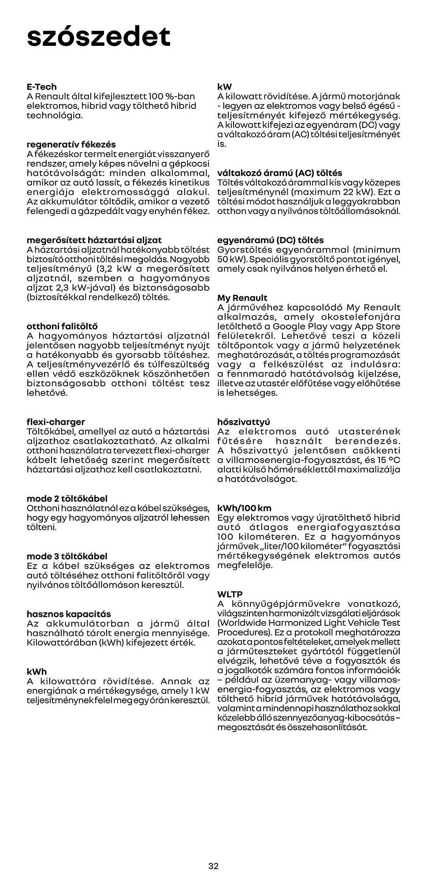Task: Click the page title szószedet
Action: coord(98,37)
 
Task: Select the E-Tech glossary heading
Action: coord(42,87)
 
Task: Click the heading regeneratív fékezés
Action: coord(71,145)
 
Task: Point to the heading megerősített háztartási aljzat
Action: coord(94,240)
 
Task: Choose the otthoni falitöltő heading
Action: coord(62,327)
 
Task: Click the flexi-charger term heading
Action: coord(56,422)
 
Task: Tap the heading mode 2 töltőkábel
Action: coord(67,499)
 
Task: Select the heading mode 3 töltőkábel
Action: coord(67,557)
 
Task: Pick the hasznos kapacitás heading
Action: coord(69,614)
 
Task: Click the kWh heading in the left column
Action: coord(37,672)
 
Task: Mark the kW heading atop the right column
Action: coord(224,87)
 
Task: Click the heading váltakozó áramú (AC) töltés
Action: coord(280,173)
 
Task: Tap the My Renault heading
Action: coord(242,298)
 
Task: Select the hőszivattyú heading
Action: coord(244,422)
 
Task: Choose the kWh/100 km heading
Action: coord(251,508)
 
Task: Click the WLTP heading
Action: coord(230,594)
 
